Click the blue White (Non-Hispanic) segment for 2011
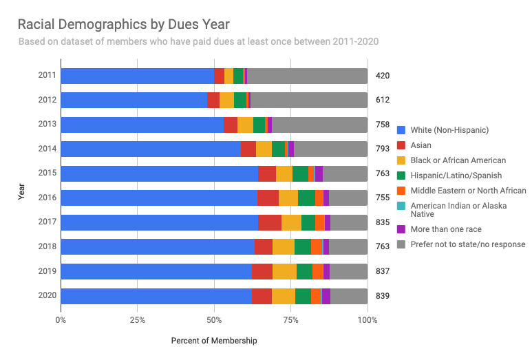tap(137, 76)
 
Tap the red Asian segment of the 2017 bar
tap(270, 222)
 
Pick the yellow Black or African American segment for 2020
tap(284, 296)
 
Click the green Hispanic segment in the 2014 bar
tap(278, 149)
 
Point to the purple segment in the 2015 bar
tap(319, 173)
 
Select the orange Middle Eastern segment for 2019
tap(318, 271)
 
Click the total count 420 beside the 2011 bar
tap(383, 76)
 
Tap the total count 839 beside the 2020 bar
tap(383, 296)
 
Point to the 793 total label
tap(383, 149)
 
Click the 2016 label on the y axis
tap(45, 198)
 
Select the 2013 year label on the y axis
tap(45, 125)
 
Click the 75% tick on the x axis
tap(291, 319)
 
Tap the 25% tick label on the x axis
tap(138, 319)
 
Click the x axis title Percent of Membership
tap(213, 341)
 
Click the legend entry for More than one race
tap(445, 229)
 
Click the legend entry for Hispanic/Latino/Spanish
tap(456, 176)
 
